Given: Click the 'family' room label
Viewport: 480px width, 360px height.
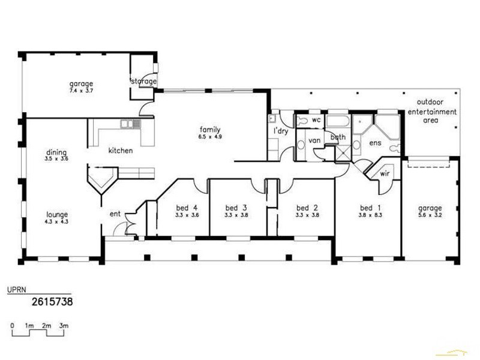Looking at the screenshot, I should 211,130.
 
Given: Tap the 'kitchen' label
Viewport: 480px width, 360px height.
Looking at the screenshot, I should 120,151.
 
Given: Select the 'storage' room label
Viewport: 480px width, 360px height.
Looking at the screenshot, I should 144,81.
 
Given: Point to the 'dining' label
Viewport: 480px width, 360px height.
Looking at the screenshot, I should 55,152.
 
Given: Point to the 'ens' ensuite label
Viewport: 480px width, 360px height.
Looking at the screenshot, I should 375,143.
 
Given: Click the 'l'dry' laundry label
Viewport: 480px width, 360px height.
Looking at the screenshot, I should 282,131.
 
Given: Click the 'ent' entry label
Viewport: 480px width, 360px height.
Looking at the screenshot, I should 115,214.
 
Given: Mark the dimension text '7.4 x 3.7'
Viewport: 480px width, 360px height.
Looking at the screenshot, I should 80,91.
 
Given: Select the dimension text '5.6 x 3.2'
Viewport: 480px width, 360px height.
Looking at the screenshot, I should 430,215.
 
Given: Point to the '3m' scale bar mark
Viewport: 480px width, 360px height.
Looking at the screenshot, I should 64,325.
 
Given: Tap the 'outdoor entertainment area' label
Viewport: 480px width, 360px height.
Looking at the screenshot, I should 432,112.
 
